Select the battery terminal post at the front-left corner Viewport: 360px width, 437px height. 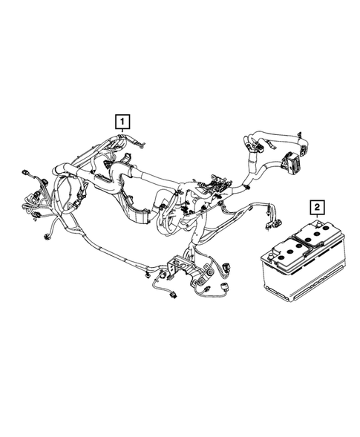[278, 252]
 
